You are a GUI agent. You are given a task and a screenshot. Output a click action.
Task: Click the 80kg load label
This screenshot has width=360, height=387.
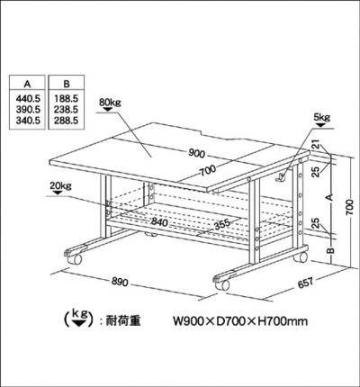(110, 103)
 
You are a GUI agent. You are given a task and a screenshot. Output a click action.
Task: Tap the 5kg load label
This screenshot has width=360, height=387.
(322, 117)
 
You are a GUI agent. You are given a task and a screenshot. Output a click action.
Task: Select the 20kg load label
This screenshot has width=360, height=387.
(60, 186)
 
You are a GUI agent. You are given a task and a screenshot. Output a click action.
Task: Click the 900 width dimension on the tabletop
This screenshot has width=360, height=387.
(196, 154)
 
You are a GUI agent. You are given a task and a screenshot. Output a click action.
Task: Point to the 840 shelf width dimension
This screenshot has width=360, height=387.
(159, 221)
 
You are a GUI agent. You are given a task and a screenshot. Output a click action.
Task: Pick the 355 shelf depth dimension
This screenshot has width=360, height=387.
(222, 224)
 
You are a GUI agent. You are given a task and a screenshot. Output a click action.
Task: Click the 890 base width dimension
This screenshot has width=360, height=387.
(120, 282)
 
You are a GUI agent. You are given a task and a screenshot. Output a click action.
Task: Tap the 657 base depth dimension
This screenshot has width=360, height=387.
(305, 283)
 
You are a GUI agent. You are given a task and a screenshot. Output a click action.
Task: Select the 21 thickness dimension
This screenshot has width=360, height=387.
(316, 147)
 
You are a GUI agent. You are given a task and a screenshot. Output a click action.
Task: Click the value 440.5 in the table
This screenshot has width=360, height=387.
(27, 98)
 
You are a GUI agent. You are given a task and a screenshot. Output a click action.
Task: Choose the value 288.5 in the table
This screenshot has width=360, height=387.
(67, 121)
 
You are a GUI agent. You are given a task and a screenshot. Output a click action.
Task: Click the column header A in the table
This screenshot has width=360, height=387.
(27, 85)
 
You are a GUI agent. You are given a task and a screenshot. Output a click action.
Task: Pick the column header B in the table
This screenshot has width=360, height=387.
(67, 84)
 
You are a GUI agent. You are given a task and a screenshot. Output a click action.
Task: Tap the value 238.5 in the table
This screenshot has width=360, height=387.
(67, 110)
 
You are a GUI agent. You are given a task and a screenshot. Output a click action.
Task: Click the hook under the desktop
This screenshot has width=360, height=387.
(281, 177)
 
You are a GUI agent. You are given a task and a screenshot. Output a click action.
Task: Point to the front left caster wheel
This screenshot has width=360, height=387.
(74, 259)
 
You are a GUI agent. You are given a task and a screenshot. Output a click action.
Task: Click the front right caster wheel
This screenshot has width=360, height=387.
(222, 284)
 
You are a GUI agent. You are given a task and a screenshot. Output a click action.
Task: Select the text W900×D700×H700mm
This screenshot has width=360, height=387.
(240, 321)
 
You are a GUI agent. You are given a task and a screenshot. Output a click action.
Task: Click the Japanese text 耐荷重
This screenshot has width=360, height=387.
(123, 321)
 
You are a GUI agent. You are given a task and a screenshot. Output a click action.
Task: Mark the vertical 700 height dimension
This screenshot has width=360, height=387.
(349, 207)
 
